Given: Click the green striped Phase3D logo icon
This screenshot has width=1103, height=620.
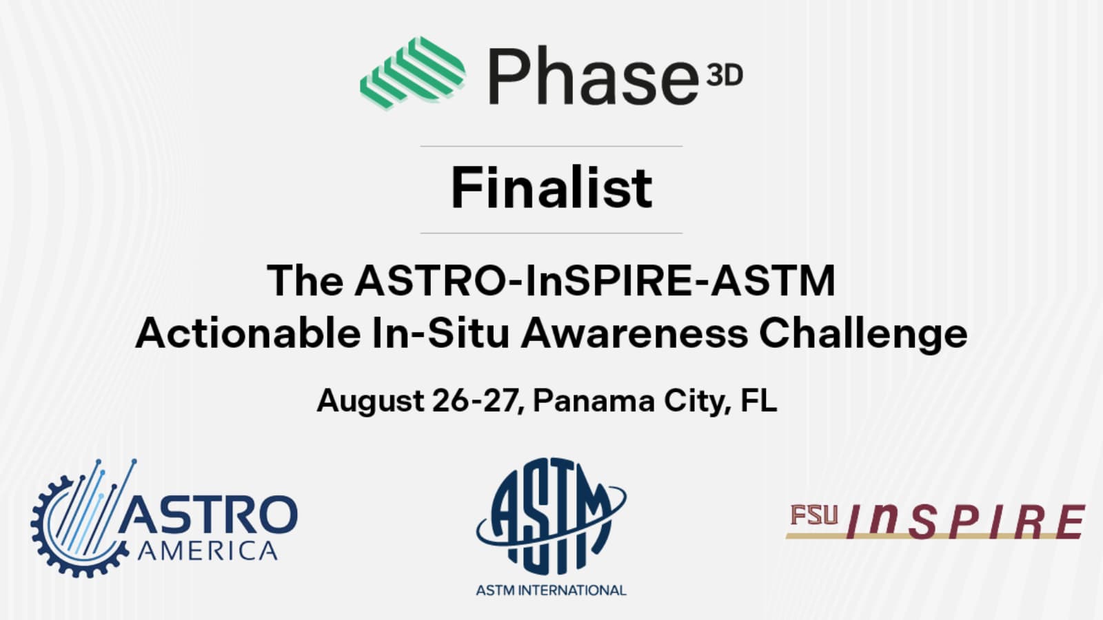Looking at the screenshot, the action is pyautogui.click(x=413, y=72).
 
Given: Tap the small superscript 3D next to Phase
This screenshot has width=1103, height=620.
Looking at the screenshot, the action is pyautogui.click(x=725, y=76).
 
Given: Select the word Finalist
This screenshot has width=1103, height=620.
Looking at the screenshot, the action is pyautogui.click(x=551, y=187).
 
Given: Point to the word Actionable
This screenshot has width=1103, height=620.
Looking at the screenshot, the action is pyautogui.click(x=248, y=333).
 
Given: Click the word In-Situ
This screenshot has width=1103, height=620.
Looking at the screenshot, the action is pyautogui.click(x=441, y=333).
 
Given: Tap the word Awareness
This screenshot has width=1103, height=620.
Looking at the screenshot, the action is pyautogui.click(x=634, y=333).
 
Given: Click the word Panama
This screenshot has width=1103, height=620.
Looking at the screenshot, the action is pyautogui.click(x=594, y=400).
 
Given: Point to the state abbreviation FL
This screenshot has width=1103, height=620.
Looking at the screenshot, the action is pyautogui.click(x=758, y=400).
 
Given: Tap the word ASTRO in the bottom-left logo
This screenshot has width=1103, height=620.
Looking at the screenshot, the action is pyautogui.click(x=207, y=513).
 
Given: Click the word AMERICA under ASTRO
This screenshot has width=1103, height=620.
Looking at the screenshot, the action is pyautogui.click(x=208, y=550).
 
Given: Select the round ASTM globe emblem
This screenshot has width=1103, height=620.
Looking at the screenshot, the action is pyautogui.click(x=551, y=516).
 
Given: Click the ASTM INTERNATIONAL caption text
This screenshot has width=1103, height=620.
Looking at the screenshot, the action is pyautogui.click(x=551, y=590).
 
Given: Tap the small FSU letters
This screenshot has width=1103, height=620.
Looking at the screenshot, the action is pyautogui.click(x=814, y=515).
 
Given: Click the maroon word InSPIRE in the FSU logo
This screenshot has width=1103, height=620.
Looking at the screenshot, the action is pyautogui.click(x=966, y=521).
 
